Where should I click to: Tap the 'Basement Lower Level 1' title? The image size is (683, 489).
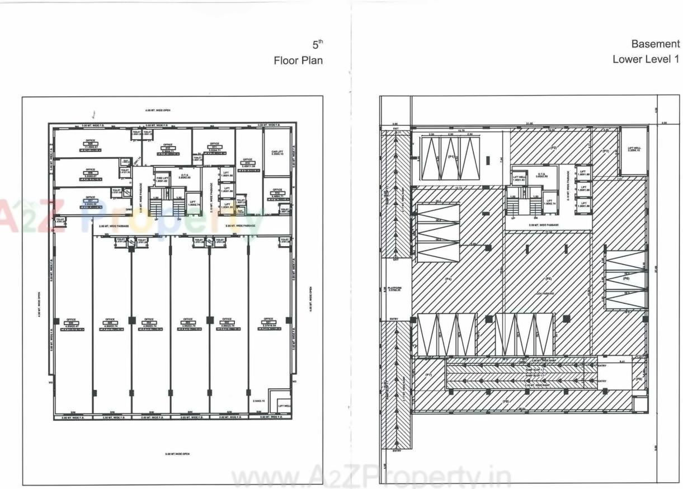(646, 51)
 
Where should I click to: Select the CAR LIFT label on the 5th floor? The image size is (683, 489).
(277, 152)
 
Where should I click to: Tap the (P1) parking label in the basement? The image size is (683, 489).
(450, 158)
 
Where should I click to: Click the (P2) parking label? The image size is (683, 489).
(553, 148)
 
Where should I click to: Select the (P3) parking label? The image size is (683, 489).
(605, 151)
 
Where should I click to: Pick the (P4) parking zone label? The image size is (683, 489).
(448, 279)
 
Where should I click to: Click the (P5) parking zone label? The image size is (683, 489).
(548, 279)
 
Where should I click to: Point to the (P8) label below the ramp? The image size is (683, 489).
(506, 402)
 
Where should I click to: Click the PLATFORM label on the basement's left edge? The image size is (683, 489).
(395, 289)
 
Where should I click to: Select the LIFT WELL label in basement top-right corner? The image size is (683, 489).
(634, 148)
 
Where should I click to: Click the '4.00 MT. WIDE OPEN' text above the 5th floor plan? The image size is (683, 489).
(157, 111)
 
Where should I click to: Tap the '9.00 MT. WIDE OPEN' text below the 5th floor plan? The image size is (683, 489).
(178, 454)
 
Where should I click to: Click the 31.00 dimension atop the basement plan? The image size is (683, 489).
(529, 123)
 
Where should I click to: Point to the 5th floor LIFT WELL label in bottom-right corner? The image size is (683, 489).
(284, 407)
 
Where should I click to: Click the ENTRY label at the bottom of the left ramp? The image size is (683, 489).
(397, 450)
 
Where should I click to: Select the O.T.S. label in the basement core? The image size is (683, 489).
(541, 175)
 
